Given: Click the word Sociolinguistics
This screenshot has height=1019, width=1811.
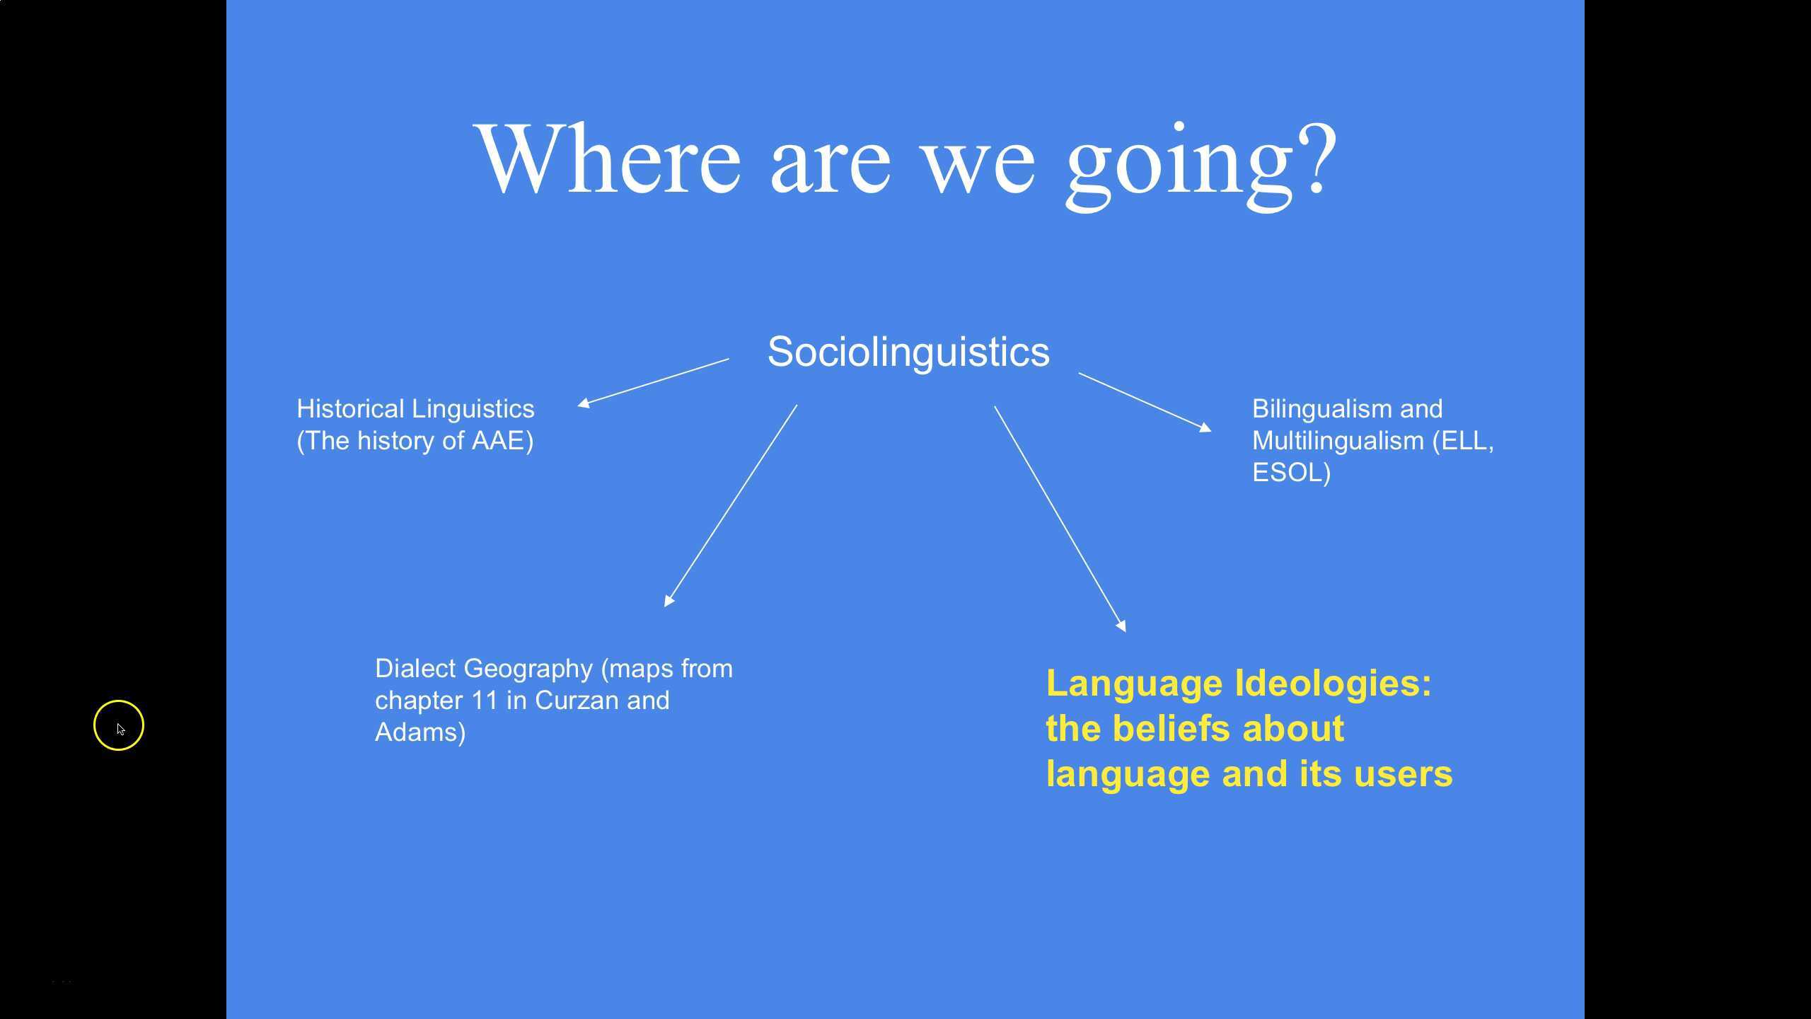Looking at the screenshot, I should pyautogui.click(x=908, y=352).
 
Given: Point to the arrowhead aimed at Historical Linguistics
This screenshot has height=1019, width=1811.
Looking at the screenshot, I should pyautogui.click(x=584, y=403).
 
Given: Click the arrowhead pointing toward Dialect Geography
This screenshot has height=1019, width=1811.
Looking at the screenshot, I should pyautogui.click(x=669, y=601).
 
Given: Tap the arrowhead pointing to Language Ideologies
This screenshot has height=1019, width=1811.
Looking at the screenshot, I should pyautogui.click(x=1121, y=626).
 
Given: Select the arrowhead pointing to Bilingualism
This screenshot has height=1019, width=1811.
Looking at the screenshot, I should pyautogui.click(x=1205, y=427).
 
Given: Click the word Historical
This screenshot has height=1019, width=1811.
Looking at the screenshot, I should pyautogui.click(x=350, y=409).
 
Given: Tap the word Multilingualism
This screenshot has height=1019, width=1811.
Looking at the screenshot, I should pyautogui.click(x=1338, y=441).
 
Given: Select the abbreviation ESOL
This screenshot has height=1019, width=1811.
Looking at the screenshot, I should pyautogui.click(x=1287, y=473).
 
